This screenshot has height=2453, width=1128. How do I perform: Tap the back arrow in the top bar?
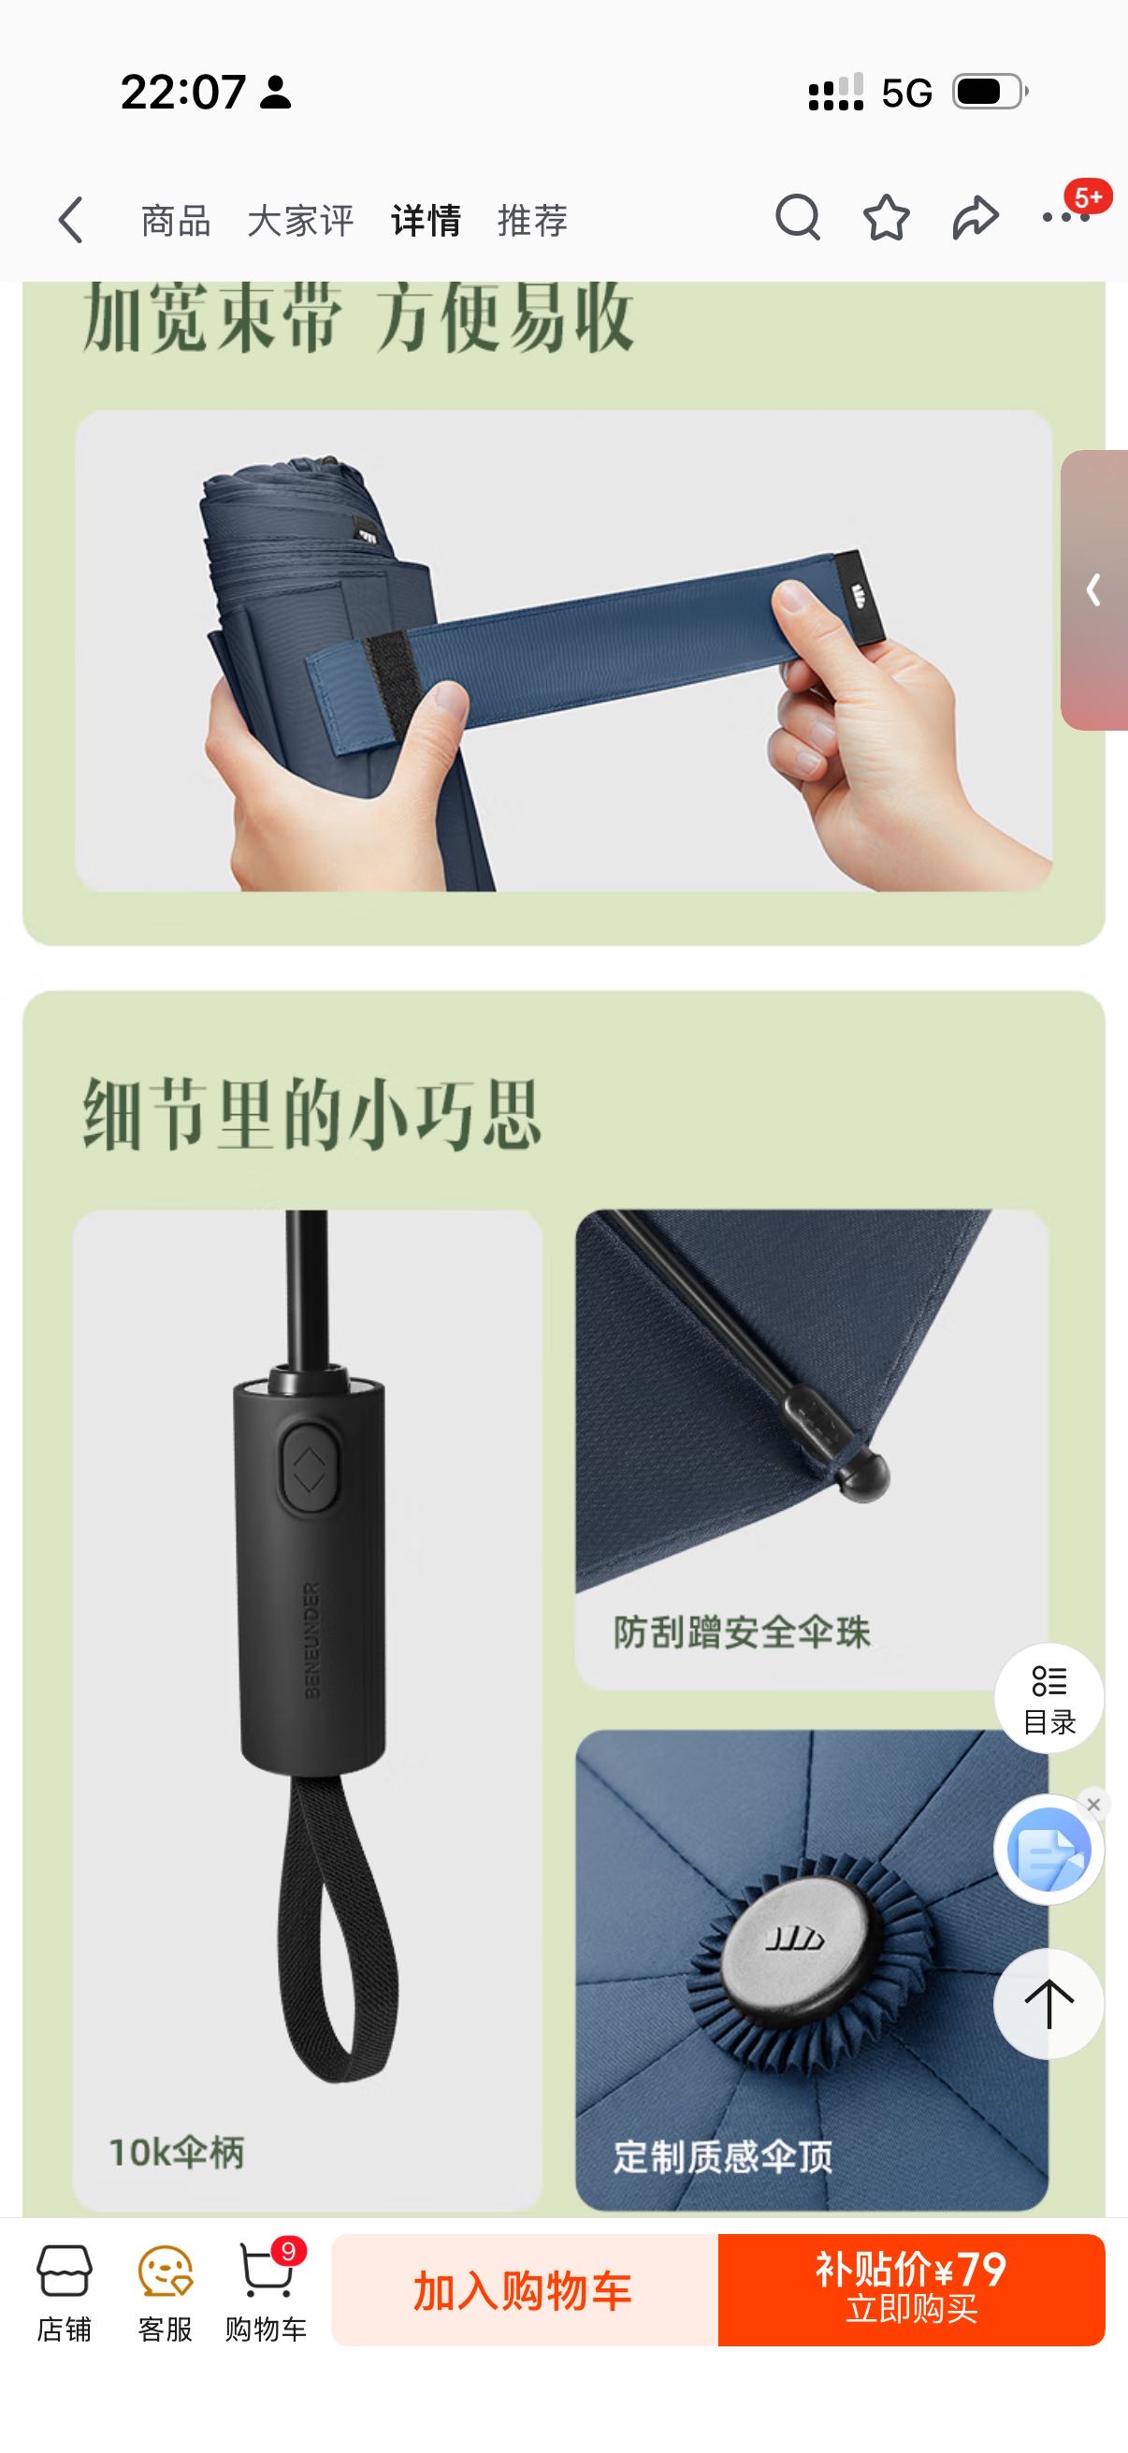point(70,221)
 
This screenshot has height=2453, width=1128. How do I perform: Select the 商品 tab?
point(175,221)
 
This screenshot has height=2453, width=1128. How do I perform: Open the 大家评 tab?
point(301,221)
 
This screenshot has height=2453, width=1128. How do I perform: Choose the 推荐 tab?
point(532,221)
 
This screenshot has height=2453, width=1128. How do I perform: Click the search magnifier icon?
point(798,219)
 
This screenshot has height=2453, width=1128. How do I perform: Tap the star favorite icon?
point(886,219)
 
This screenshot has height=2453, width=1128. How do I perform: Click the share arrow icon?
point(976,219)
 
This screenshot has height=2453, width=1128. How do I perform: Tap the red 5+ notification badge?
point(1088,196)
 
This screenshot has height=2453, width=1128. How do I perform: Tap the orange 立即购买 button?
point(911,2290)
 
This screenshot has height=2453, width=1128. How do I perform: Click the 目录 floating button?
point(1049,1698)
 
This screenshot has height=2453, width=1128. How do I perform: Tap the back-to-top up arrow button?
point(1049,2004)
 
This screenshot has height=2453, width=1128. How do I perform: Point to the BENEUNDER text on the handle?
point(312,1640)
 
